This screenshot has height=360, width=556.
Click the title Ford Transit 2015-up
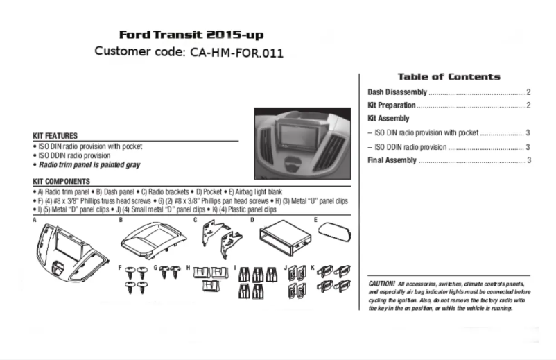click(191, 35)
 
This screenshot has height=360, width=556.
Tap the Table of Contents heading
click(449, 76)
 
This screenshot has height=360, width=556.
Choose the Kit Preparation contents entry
click(392, 105)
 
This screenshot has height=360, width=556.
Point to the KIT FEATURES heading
click(55, 136)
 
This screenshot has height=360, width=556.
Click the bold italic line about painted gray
click(89, 166)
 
